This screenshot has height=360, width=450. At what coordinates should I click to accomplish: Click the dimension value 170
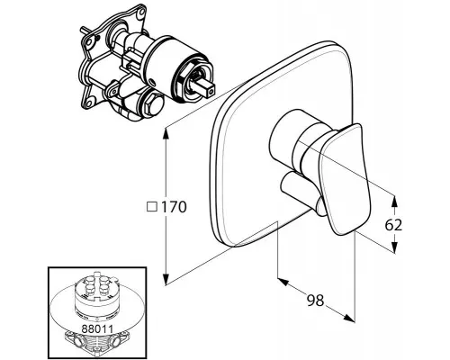(174, 207)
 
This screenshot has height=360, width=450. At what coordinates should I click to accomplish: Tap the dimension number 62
(393, 225)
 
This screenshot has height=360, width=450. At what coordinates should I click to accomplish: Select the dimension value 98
(316, 300)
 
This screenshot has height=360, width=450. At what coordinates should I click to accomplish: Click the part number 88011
(97, 328)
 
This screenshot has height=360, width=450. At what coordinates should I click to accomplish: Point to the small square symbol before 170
(152, 207)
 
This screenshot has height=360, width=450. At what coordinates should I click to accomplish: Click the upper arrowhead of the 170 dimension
(166, 134)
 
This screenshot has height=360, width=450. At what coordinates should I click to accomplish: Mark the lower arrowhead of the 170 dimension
(166, 279)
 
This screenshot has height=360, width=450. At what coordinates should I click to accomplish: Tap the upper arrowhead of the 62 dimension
(394, 201)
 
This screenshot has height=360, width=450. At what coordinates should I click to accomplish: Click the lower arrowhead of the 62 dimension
(394, 247)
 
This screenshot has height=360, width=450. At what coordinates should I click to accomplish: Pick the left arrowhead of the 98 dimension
(283, 282)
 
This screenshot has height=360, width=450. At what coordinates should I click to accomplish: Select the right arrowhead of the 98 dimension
(349, 318)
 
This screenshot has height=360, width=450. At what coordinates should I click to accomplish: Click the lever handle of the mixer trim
(344, 179)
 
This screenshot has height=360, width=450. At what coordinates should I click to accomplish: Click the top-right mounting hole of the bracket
(140, 13)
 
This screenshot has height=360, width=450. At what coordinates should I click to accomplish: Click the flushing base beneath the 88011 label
(97, 345)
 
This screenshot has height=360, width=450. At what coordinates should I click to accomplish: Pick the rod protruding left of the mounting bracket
(85, 31)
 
